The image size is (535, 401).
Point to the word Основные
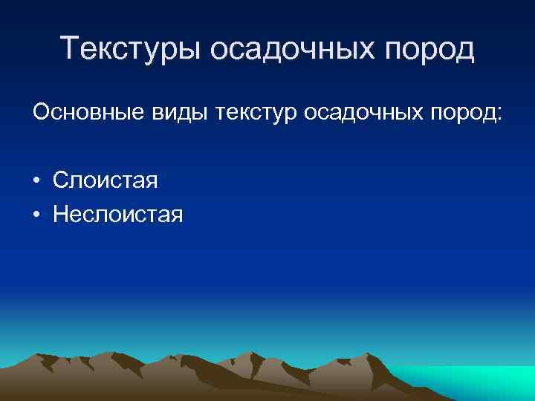coord(83,114)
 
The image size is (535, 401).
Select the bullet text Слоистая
coord(106,180)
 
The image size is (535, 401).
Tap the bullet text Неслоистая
coord(118,215)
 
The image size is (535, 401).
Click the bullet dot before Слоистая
coord(35,181)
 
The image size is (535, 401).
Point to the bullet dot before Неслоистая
coord(35,215)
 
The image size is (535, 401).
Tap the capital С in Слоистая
coord(59,180)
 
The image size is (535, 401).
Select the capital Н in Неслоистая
coord(60,215)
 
